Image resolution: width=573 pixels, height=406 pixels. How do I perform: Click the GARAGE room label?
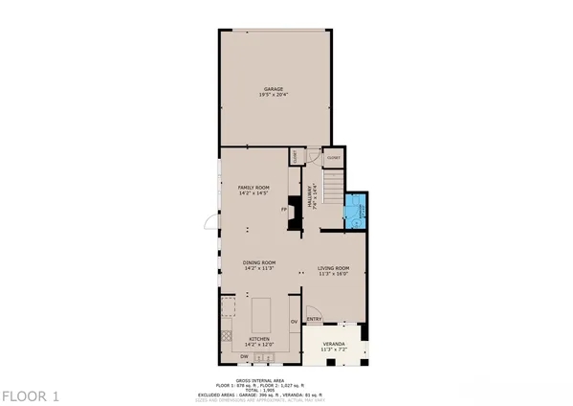pyautogui.click(x=275, y=89)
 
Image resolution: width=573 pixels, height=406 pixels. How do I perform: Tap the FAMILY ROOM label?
pyautogui.click(x=254, y=187)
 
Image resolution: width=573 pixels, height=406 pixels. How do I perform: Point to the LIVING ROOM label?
pyautogui.click(x=334, y=267)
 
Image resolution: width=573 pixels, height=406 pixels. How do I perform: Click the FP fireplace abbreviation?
pyautogui.click(x=283, y=209)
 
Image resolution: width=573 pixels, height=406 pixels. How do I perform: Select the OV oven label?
pyautogui.click(x=295, y=320)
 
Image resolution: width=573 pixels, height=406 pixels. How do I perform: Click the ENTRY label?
pyautogui.click(x=314, y=320)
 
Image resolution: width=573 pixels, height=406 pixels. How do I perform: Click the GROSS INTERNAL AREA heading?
pyautogui.click(x=286, y=374)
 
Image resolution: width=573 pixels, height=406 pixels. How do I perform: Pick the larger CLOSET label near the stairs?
pyautogui.click(x=334, y=157)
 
